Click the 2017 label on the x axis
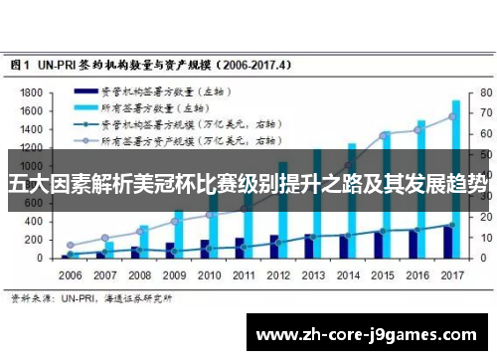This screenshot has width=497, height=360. point(452,274)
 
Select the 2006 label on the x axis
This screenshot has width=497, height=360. point(71,274)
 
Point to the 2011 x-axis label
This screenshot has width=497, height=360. point(244,274)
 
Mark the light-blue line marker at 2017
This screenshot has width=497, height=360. point(452,116)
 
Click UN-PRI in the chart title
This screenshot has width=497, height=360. point(63,64)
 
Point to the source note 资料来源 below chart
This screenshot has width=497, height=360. point(30,296)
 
